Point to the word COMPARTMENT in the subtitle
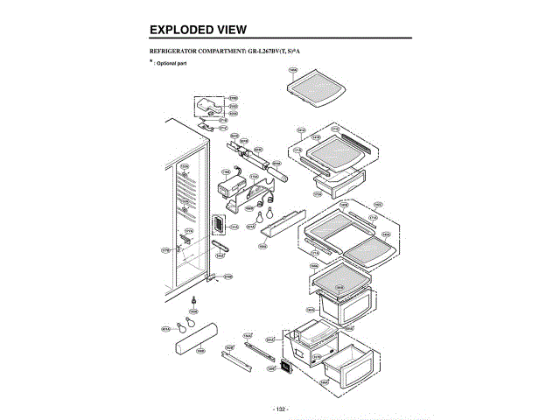[241, 52]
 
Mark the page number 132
[280, 409]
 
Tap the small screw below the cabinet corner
[192, 300]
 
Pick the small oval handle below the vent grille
[219, 247]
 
